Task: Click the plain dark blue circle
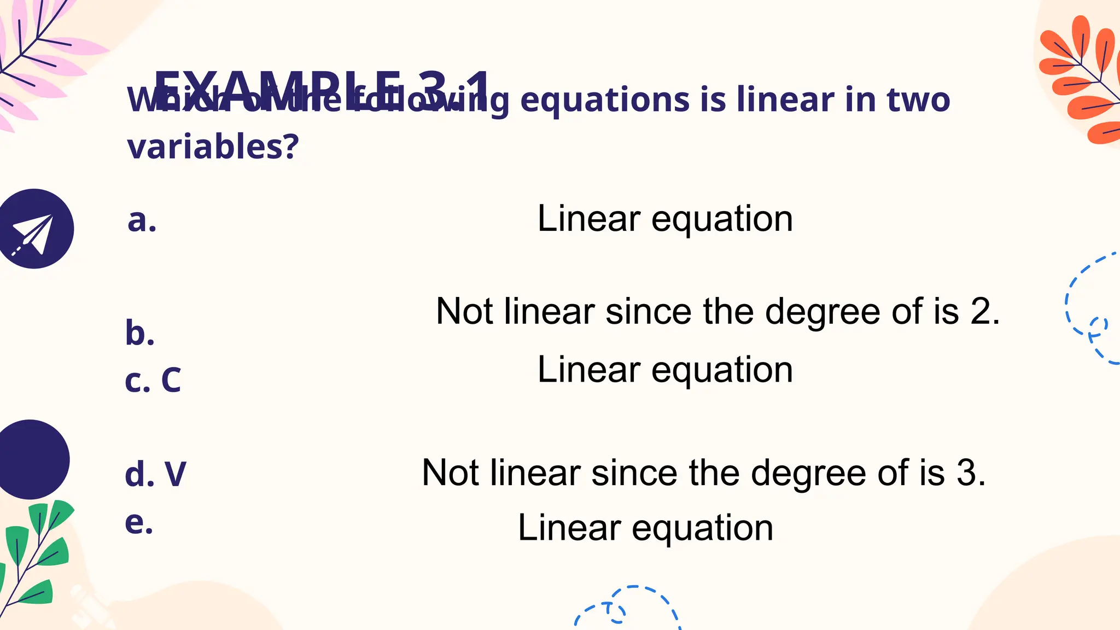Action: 31,459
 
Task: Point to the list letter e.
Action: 138,522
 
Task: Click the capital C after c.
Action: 171,380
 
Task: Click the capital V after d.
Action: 175,474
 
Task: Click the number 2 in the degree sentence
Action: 982,312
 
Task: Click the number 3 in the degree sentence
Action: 968,473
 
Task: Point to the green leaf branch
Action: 36,552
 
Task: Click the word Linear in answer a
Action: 588,219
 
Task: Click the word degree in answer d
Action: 809,473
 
